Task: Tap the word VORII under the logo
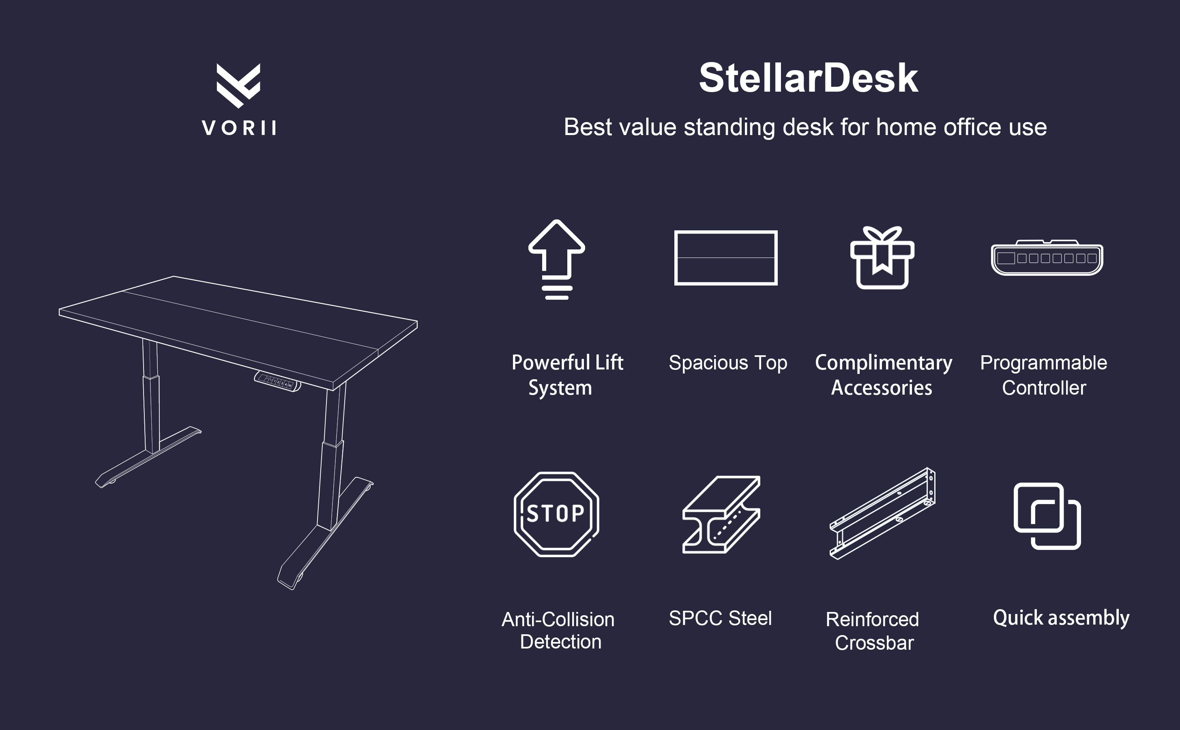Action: click(x=239, y=128)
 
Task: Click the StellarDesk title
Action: click(x=809, y=78)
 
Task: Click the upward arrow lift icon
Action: click(x=556, y=259)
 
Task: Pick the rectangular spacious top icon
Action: click(x=726, y=258)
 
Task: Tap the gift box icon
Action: click(x=882, y=258)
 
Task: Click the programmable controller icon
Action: click(x=1047, y=258)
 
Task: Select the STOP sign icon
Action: click(x=556, y=514)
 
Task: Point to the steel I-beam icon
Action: click(x=721, y=514)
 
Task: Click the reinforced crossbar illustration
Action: click(x=882, y=514)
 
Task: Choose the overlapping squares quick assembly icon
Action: click(x=1047, y=515)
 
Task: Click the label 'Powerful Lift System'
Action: click(x=567, y=375)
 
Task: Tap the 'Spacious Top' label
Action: click(x=728, y=363)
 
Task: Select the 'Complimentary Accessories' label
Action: click(x=883, y=375)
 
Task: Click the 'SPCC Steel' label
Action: click(x=720, y=618)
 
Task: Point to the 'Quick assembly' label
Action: click(x=1061, y=618)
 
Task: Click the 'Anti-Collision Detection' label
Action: click(x=558, y=631)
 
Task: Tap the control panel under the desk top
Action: click(x=277, y=381)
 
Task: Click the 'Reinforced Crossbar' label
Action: click(x=873, y=631)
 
